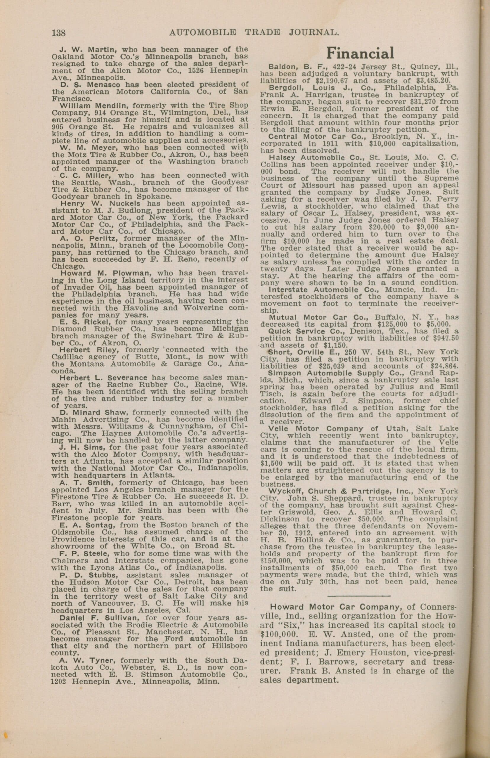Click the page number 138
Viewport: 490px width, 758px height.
pos(59,33)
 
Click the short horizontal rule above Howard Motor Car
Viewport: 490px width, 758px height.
pos(359,595)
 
